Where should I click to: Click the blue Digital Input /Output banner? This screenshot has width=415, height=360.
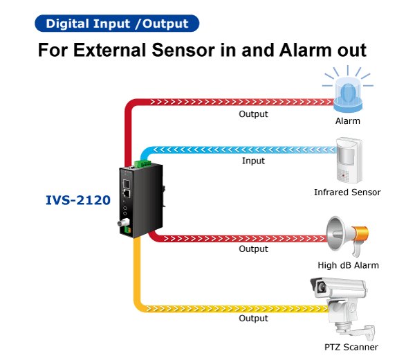click(117, 24)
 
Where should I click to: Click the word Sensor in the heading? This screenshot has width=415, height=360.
click(183, 50)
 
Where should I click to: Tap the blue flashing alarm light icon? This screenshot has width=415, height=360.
click(348, 89)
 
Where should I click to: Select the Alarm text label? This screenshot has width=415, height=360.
click(348, 120)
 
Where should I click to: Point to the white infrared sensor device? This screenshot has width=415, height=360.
click(349, 160)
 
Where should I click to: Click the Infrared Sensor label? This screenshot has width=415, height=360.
click(347, 192)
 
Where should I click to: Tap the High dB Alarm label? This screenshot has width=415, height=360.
click(348, 265)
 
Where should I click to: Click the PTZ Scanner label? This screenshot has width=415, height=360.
click(351, 347)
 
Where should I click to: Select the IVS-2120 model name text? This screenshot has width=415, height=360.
click(78, 200)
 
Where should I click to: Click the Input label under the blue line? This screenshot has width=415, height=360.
click(253, 161)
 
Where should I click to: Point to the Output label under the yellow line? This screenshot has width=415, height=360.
click(253, 318)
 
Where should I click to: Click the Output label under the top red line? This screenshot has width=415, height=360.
click(253, 114)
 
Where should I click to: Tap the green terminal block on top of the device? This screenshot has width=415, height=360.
click(142, 163)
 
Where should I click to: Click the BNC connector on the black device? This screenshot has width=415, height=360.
click(123, 222)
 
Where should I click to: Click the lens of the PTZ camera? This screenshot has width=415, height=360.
click(322, 287)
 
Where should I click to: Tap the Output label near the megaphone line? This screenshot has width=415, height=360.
click(253, 249)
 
